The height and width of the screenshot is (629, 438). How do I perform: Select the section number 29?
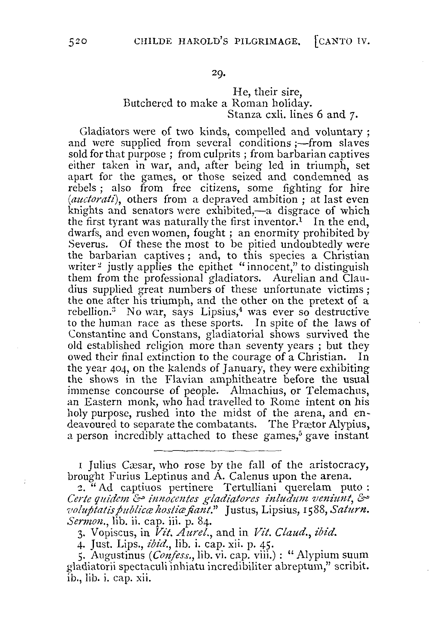coord(219,74)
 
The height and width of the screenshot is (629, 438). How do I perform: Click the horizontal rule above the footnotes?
coord(218,450)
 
